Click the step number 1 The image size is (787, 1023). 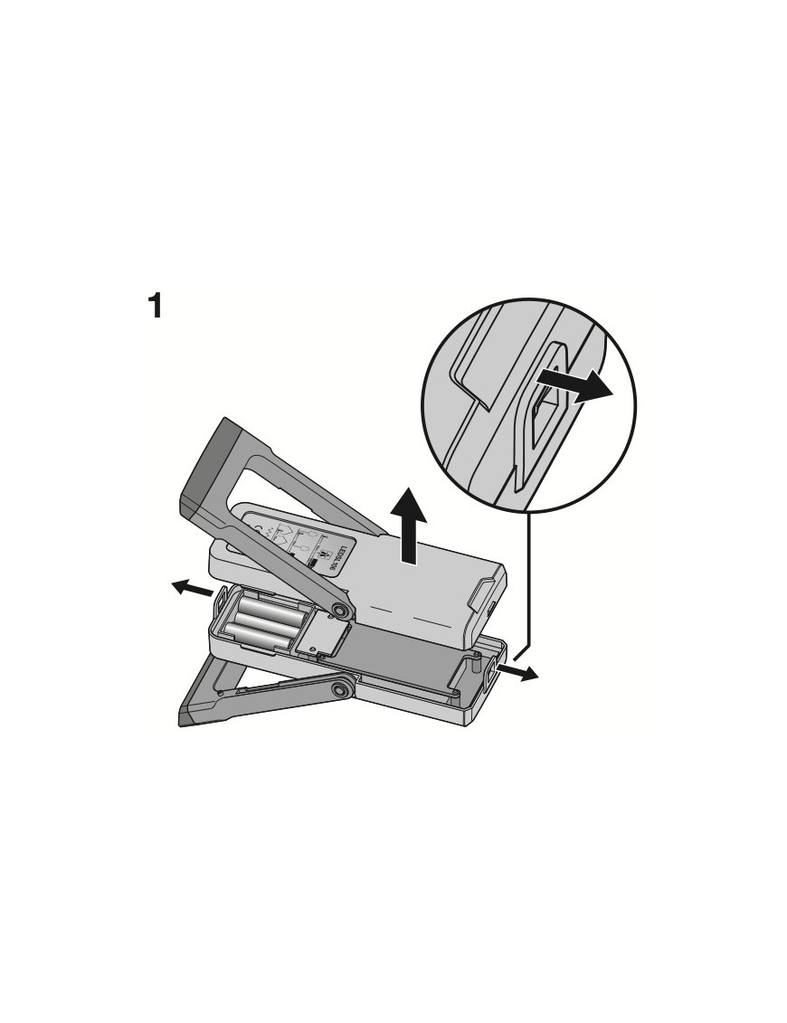tap(156, 306)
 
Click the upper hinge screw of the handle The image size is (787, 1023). tap(341, 611)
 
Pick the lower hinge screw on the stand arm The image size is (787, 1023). tap(340, 691)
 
